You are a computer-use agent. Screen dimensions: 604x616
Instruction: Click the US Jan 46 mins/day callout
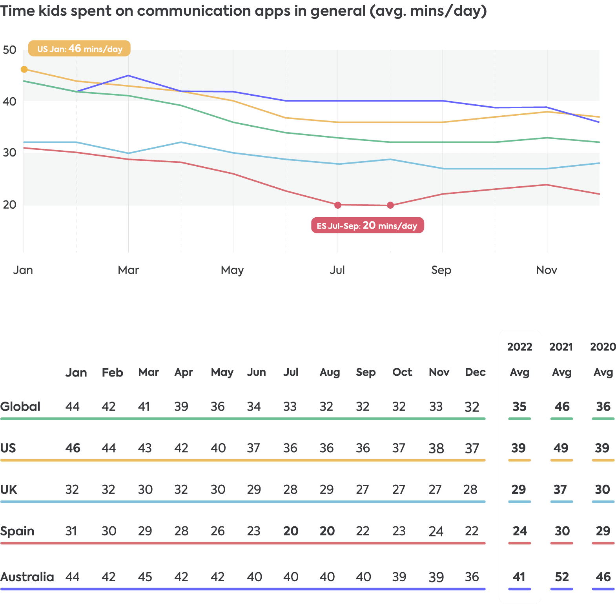79,49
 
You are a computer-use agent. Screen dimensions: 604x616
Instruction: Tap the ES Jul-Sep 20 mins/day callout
367,226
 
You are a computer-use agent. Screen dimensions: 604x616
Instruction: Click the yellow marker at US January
24,69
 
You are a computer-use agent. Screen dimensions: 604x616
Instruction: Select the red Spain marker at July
338,205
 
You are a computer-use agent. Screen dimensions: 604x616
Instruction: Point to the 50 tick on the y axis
9,50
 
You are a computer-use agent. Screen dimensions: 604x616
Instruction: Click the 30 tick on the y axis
9,153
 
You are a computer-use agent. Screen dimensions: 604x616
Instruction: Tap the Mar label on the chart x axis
128,270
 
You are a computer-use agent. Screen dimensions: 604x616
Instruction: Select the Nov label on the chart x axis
547,270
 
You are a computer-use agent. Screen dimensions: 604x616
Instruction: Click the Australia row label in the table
27,577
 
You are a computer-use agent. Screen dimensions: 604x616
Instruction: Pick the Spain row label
17,531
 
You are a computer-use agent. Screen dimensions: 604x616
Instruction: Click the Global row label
20,407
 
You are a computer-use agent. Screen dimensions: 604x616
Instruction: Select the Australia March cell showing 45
145,577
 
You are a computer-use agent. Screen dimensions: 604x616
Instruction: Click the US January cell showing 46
73,448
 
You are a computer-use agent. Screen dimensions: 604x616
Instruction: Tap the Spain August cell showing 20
327,531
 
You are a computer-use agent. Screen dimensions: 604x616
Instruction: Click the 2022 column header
519,347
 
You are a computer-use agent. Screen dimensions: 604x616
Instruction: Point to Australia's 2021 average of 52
562,577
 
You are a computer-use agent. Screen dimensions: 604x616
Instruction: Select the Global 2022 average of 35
519,407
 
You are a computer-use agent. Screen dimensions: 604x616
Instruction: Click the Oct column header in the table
402,372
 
